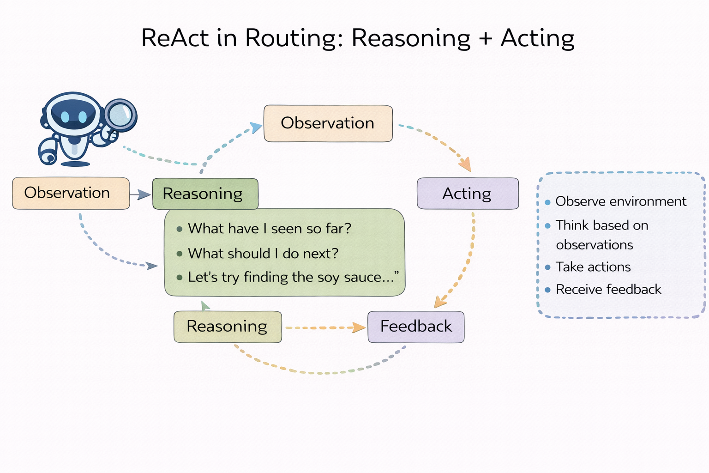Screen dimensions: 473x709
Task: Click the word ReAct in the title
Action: point(175,38)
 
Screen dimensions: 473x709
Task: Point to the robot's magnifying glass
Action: point(120,115)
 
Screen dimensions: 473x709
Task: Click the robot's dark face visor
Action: point(74,114)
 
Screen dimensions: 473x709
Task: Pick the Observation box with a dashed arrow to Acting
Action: point(328,123)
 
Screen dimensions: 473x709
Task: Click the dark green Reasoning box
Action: point(205,194)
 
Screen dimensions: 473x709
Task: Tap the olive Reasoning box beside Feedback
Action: point(227,327)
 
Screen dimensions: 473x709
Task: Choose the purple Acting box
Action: point(467,194)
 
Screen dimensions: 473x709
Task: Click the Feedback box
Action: point(416,327)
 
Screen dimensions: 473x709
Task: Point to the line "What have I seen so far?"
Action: point(270,228)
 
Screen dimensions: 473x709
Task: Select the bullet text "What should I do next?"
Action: point(263,253)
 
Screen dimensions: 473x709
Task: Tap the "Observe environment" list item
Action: point(620,201)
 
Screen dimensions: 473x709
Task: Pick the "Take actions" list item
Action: point(593,267)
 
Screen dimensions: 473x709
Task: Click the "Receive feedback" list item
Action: point(608,290)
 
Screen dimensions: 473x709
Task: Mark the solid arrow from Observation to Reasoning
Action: point(140,194)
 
